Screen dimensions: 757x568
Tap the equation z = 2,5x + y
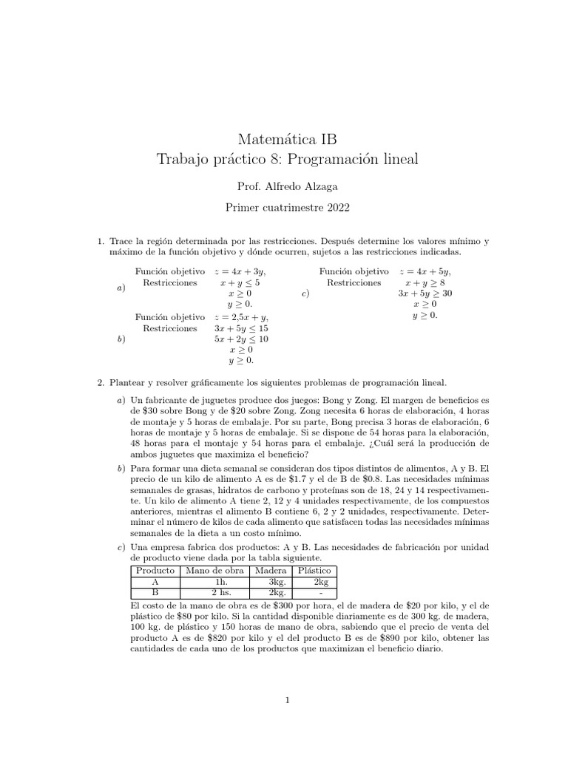pyautogui.click(x=240, y=317)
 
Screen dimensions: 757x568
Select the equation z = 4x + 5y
pyautogui.click(x=425, y=271)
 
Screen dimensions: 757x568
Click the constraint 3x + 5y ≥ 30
pyautogui.click(x=425, y=293)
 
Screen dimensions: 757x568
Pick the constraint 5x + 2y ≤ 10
pyautogui.click(x=241, y=339)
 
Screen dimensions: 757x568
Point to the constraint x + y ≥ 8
pyautogui.click(x=425, y=282)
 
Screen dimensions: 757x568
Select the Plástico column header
pyautogui.click(x=315, y=571)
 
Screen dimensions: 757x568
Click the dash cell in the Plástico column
pyautogui.click(x=315, y=593)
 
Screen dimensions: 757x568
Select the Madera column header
pyautogui.click(x=271, y=571)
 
